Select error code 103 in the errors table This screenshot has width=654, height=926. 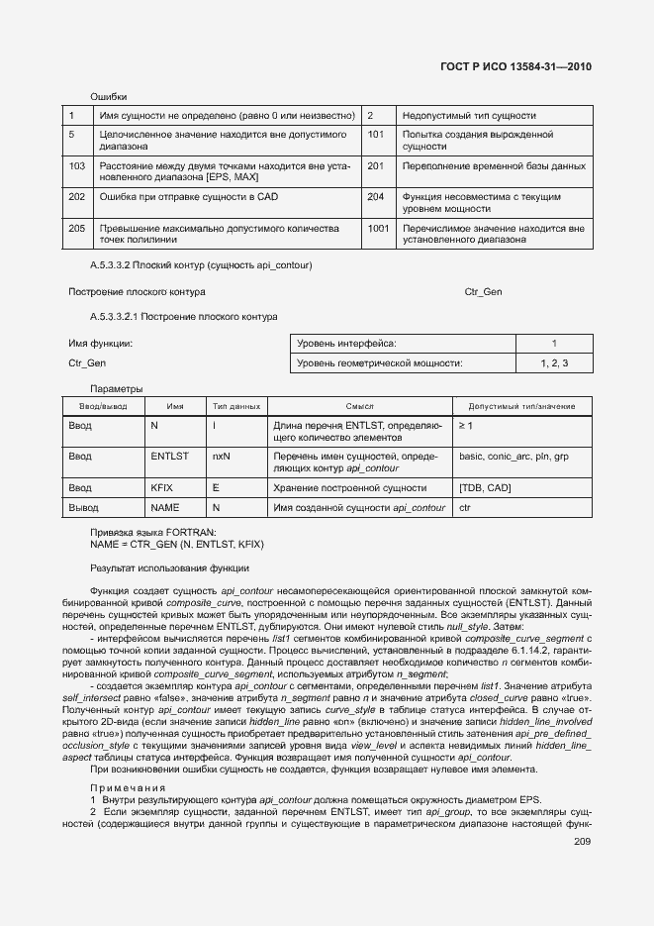tap(77, 165)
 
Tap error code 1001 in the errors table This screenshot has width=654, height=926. tap(378, 228)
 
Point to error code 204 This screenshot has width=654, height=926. tap(375, 197)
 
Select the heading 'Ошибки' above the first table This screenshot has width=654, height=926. tap(109, 96)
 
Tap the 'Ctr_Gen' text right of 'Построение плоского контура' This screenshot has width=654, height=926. tap(483, 292)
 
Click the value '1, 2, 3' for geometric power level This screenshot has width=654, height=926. tap(554, 364)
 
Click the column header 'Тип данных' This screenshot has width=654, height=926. tap(235, 406)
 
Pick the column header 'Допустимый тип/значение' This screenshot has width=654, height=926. tap(521, 406)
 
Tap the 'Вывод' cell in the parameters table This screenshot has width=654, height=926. tap(84, 507)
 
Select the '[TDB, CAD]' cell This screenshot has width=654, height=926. tap(485, 487)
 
